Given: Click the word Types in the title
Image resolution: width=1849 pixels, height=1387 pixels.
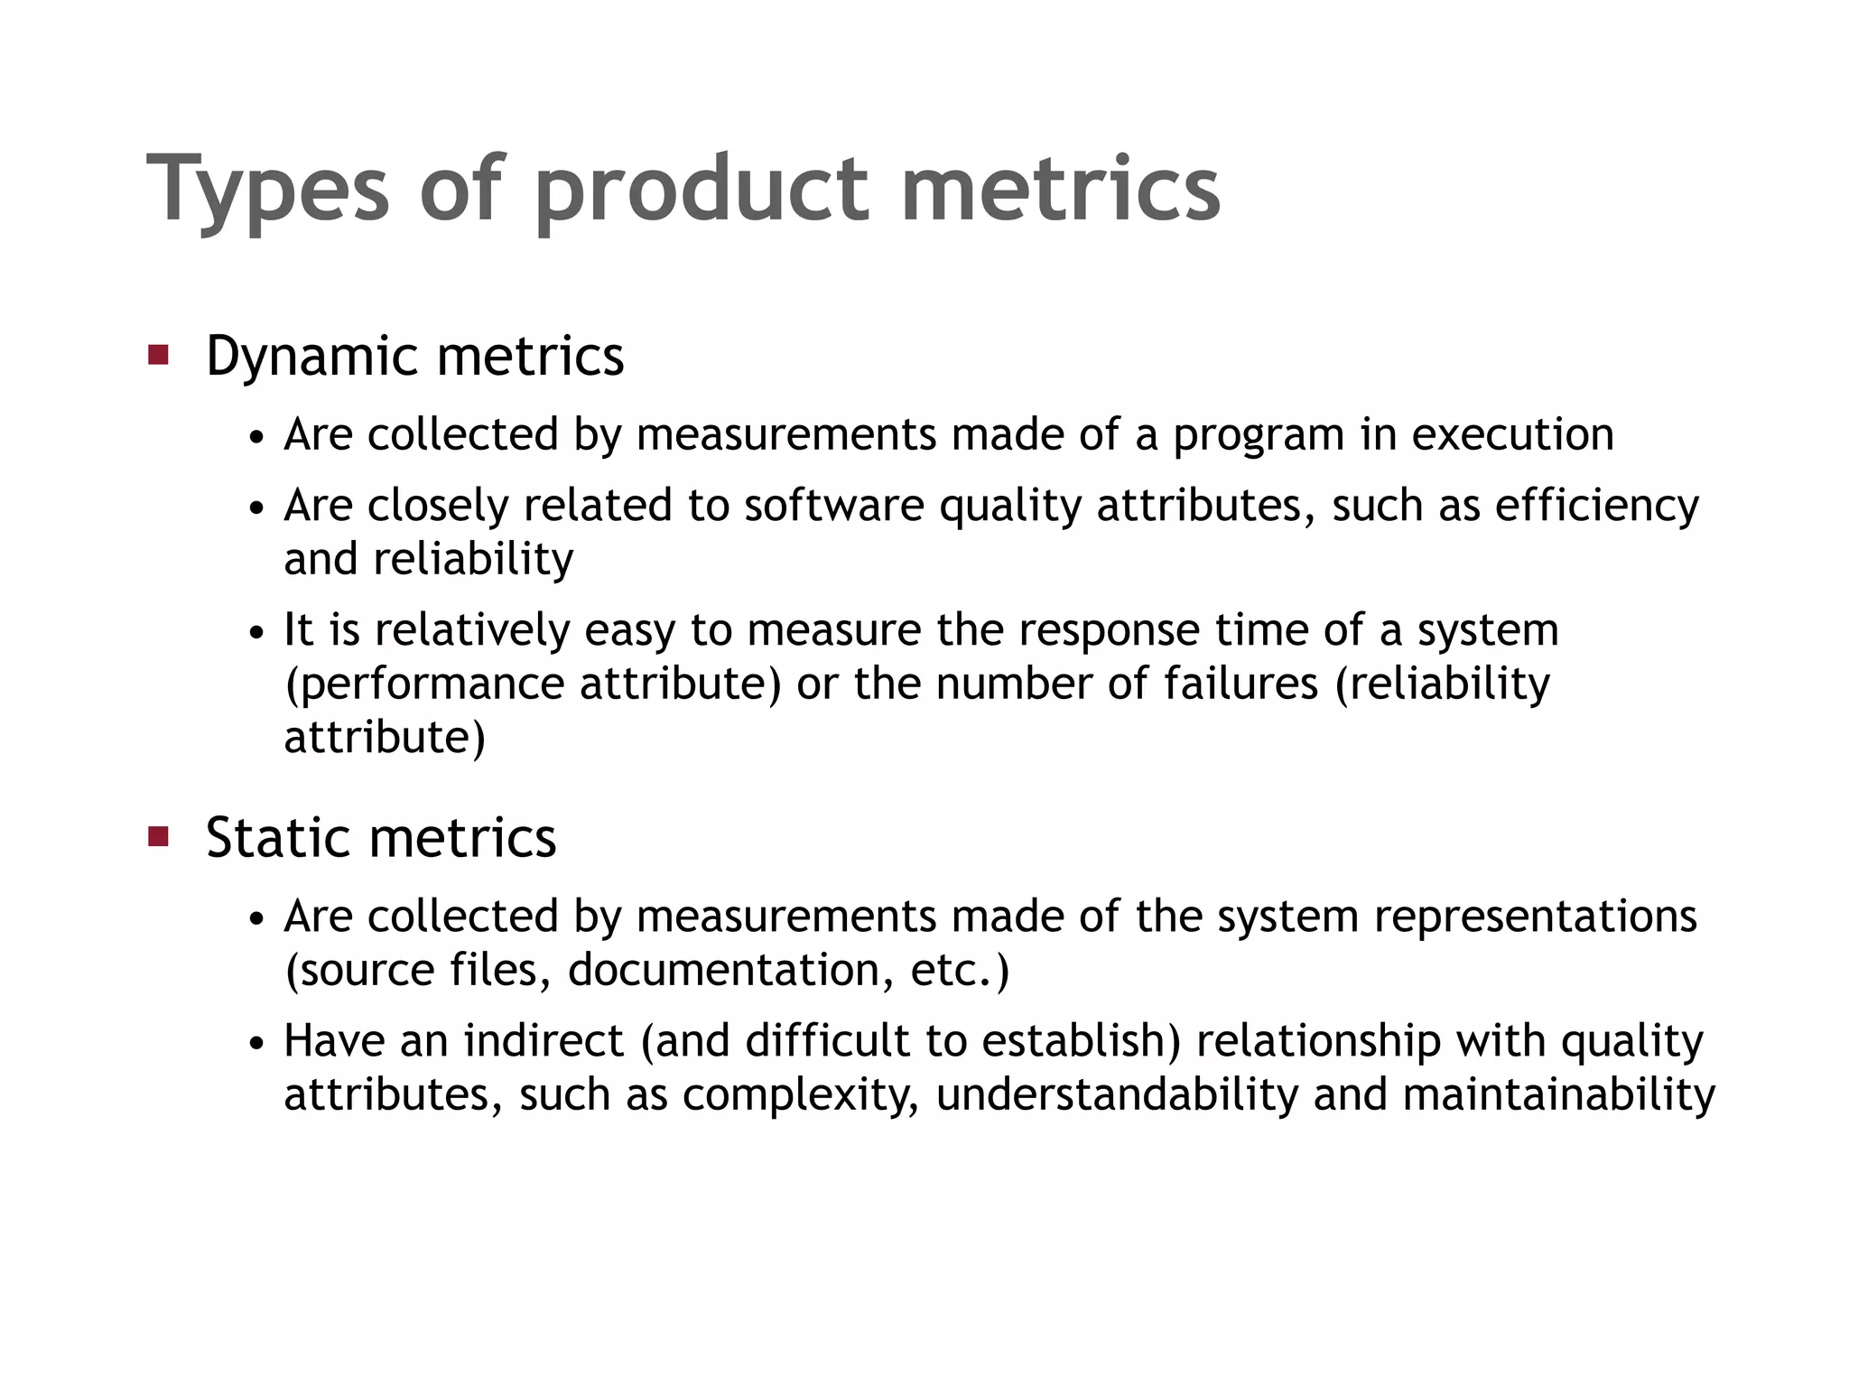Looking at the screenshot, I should tap(267, 190).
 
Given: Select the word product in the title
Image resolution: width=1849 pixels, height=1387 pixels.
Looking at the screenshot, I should tap(702, 190).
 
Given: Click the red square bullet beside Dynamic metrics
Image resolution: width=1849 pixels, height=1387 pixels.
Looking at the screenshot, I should tap(159, 354).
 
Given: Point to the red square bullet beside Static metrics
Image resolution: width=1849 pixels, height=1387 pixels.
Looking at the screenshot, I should tap(159, 836).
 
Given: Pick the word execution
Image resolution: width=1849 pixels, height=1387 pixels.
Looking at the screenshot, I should tap(1513, 435).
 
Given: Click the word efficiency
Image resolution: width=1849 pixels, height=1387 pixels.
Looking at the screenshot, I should tap(1596, 506).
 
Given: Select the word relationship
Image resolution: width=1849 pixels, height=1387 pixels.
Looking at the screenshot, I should tap(1319, 1041).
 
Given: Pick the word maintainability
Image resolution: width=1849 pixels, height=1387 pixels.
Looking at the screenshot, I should tap(1559, 1094).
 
